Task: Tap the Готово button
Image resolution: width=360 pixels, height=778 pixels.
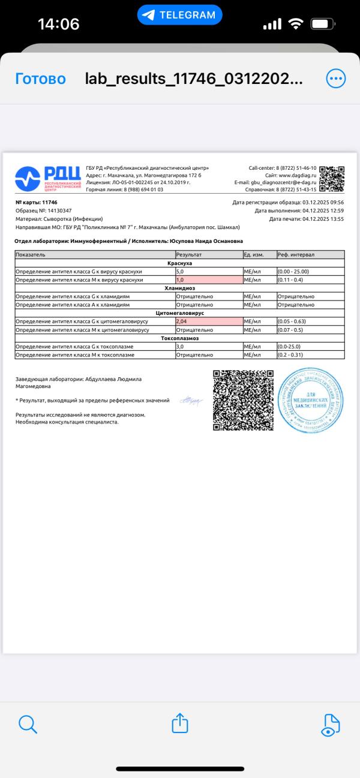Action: pos(40,79)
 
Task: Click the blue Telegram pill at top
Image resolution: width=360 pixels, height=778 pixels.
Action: pos(179,15)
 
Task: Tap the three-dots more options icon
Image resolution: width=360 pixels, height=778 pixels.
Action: pos(335,79)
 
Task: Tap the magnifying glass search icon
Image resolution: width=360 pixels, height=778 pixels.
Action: pos(28,724)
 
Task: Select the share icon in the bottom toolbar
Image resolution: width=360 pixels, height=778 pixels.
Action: pos(180,723)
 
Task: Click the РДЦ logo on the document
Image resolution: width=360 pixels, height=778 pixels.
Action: pos(48,178)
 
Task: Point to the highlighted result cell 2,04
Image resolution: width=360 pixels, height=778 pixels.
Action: pos(208,322)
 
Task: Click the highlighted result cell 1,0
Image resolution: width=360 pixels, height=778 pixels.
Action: pos(208,280)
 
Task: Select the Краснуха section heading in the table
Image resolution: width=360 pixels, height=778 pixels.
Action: pos(180,263)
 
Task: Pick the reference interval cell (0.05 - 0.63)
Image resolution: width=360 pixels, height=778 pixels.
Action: pos(310,322)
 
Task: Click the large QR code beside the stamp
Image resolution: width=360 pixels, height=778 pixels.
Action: pos(243,400)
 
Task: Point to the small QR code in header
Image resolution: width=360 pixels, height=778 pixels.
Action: pos(332,178)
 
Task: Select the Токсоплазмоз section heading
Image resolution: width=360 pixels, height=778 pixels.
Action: pos(180,338)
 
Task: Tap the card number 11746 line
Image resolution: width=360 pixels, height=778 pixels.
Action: pos(37,202)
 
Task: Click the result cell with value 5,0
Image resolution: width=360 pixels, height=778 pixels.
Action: pos(208,271)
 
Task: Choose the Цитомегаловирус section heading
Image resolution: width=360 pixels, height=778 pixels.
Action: pos(180,313)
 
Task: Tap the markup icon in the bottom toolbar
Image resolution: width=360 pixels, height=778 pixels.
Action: pos(331,724)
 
